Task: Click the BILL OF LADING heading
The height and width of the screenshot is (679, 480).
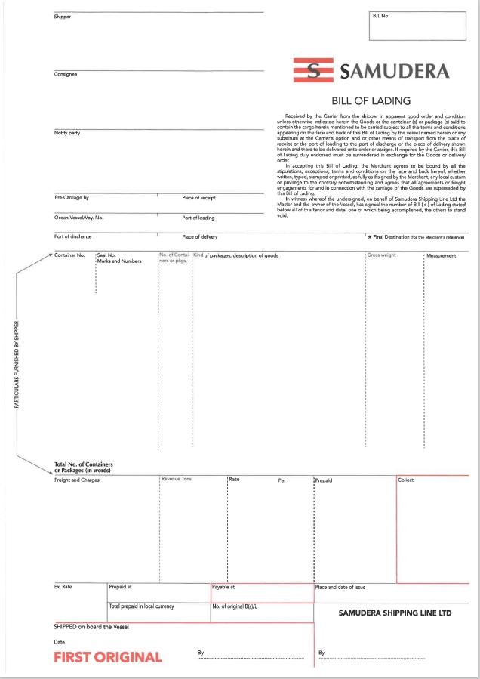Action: point(371,100)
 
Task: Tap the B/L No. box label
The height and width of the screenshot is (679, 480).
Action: point(380,16)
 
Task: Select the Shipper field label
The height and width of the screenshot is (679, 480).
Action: point(63,17)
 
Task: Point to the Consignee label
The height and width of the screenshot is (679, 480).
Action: point(66,74)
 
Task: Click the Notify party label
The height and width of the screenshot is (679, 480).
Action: point(67,133)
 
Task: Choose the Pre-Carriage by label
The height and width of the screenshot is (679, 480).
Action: point(72,198)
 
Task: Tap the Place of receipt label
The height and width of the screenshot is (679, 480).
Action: point(199,198)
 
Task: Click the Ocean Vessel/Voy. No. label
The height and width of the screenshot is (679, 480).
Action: point(78,218)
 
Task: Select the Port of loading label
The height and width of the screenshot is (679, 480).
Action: point(198,218)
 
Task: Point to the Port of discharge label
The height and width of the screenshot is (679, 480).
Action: point(73,237)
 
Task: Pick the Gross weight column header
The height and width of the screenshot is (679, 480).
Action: point(382,255)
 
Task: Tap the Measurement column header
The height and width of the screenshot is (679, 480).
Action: point(442,255)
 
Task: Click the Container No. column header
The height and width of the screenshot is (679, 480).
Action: point(69,255)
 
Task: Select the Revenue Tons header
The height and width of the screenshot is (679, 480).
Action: point(177,479)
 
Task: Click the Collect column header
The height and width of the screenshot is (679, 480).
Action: point(406,480)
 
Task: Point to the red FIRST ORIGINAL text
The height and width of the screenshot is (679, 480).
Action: point(108,657)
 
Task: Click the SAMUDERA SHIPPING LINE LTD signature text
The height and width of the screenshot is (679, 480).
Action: point(395,613)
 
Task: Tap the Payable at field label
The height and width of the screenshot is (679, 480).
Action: point(223,586)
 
